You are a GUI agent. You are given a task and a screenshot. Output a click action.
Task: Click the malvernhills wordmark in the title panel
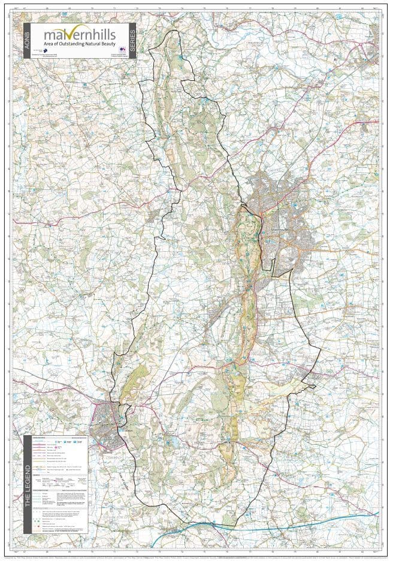click(78, 35)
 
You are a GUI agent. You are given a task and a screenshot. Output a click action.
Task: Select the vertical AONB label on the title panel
click(26, 41)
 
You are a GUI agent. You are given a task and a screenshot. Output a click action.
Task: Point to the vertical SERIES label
click(132, 41)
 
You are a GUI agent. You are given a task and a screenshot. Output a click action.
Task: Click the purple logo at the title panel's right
click(122, 49)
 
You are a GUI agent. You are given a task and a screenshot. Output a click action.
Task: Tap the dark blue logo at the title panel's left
click(43, 50)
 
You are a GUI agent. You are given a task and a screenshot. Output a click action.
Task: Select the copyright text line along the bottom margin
click(196, 556)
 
